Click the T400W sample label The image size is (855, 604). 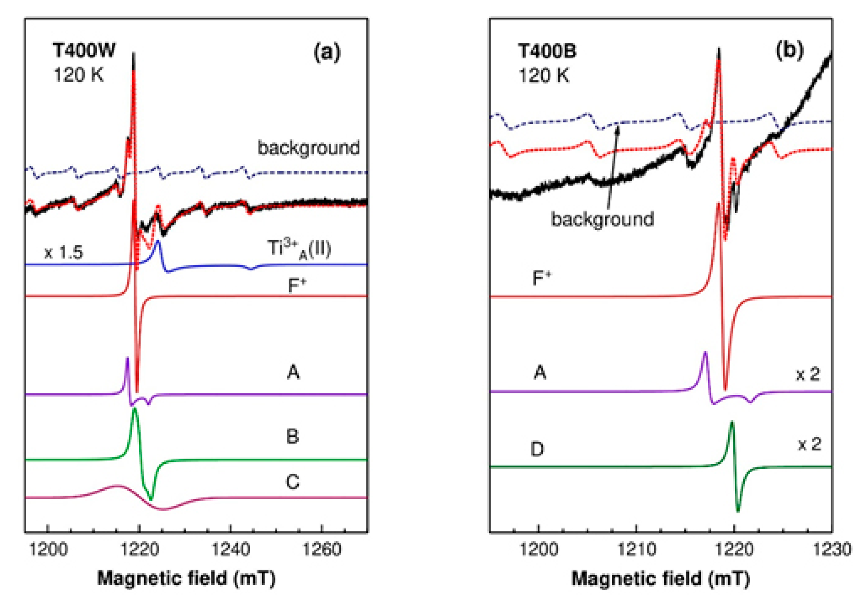tap(84, 50)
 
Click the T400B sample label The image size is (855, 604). tap(547, 51)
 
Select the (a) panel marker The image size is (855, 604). tap(327, 52)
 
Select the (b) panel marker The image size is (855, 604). tap(789, 50)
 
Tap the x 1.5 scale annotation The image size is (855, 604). tap(63, 252)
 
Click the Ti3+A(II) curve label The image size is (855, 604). tap(299, 249)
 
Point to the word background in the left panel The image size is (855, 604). tap(308, 148)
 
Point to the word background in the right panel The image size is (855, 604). tap(602, 219)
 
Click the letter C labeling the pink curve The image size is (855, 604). tap(292, 482)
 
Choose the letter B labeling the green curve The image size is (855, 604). tap(292, 437)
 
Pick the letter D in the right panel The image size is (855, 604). tap(537, 449)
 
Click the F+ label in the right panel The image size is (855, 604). tap(541, 279)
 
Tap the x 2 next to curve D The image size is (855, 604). tap(809, 444)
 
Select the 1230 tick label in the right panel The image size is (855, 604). tap(832, 550)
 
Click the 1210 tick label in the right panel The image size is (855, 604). tap(636, 550)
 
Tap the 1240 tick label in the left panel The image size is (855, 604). tap(230, 550)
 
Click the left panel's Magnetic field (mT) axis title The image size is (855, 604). tap(186, 578)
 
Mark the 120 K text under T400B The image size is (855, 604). tap(543, 76)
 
